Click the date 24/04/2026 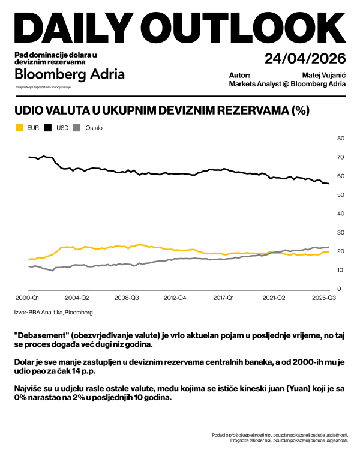point(305,59)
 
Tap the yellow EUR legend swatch point(19,128)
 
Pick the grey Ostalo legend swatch point(77,128)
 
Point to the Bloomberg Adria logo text point(70,74)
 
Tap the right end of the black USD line point(328,184)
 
